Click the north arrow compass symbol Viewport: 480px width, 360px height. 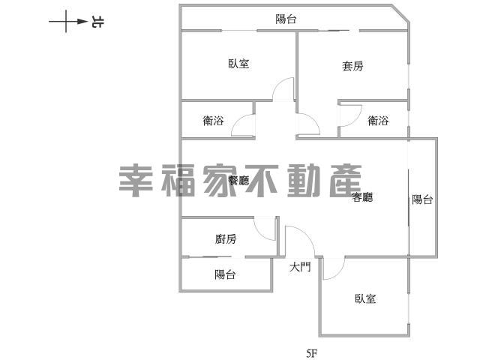tap(68, 22)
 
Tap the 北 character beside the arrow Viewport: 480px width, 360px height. tap(97, 22)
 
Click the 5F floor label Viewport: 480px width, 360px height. tap(312, 353)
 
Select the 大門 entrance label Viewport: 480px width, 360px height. tap(300, 267)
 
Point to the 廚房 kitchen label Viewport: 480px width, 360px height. tap(226, 238)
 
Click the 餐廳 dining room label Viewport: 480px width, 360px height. tap(238, 180)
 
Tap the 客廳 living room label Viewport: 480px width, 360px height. tap(362, 196)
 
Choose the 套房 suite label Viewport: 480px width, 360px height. tap(352, 66)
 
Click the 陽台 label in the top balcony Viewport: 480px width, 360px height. tap(286, 19)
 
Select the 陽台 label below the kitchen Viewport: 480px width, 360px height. tap(225, 274)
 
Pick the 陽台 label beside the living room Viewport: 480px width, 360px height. tap(422, 199)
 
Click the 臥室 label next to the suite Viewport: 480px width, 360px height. tap(238, 64)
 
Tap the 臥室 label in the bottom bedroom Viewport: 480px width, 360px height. tap(365, 298)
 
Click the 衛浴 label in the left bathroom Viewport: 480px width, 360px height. tap(213, 120)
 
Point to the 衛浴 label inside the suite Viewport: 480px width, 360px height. tap(378, 120)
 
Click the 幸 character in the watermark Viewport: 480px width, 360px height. tap(136, 181)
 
